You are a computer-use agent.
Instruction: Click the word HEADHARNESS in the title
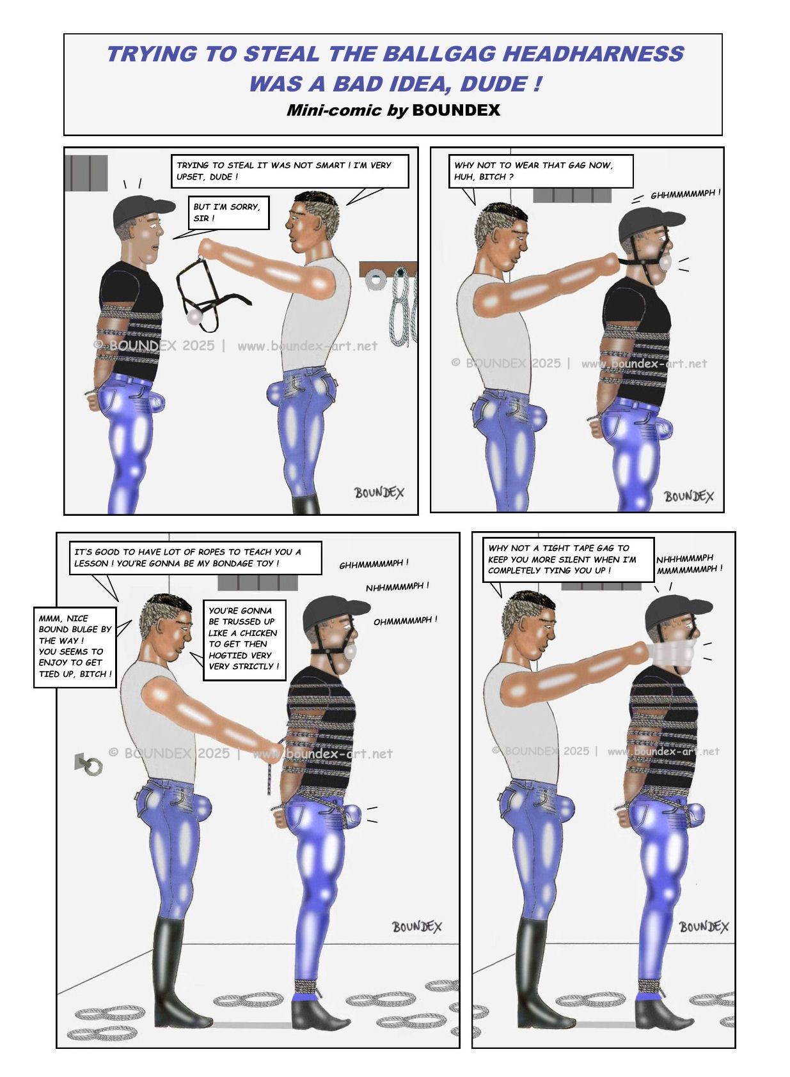[x=593, y=53]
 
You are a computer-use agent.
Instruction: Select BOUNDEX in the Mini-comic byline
[x=455, y=110]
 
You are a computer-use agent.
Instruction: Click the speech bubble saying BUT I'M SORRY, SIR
[x=228, y=212]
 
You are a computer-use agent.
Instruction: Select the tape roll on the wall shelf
[x=374, y=279]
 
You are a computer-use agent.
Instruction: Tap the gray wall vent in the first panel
[x=86, y=173]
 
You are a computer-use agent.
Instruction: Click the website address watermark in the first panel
[x=308, y=346]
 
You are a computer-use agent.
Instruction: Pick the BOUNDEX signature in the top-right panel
[x=688, y=496]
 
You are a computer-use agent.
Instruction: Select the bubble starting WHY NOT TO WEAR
[x=541, y=171]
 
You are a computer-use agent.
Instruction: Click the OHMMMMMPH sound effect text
[x=405, y=621]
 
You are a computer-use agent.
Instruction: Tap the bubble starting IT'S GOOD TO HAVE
[x=195, y=558]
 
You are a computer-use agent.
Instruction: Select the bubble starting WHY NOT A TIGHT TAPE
[x=568, y=559]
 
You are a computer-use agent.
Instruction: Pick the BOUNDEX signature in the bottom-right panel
[x=704, y=927]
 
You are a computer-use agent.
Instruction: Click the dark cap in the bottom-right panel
[x=677, y=612]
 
